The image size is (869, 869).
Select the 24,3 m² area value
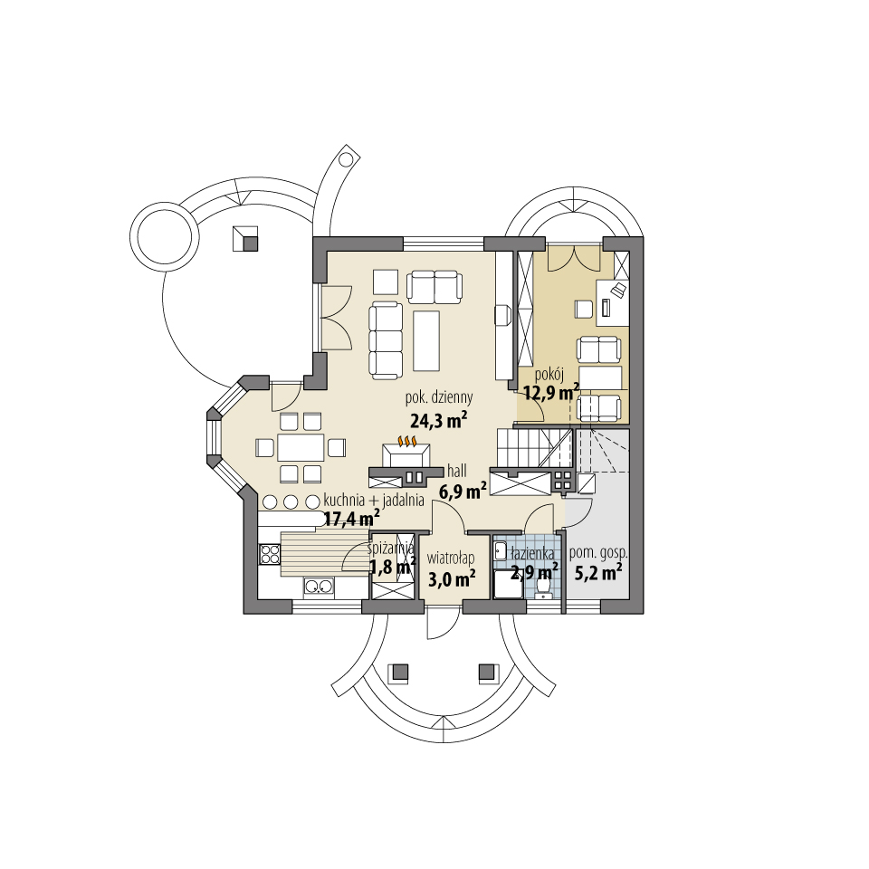click(x=439, y=420)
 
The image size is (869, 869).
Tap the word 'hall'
click(x=456, y=471)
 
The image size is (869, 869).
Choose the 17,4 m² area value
click(x=351, y=519)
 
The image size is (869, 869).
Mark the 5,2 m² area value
click(x=597, y=572)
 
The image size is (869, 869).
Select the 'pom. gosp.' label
click(x=598, y=551)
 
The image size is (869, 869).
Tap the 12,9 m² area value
click(x=551, y=392)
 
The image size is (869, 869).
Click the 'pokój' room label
click(x=549, y=372)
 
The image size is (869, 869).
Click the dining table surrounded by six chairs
click(x=301, y=447)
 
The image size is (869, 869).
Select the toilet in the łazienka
click(x=544, y=589)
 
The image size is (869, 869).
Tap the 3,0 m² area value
click(x=452, y=578)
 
